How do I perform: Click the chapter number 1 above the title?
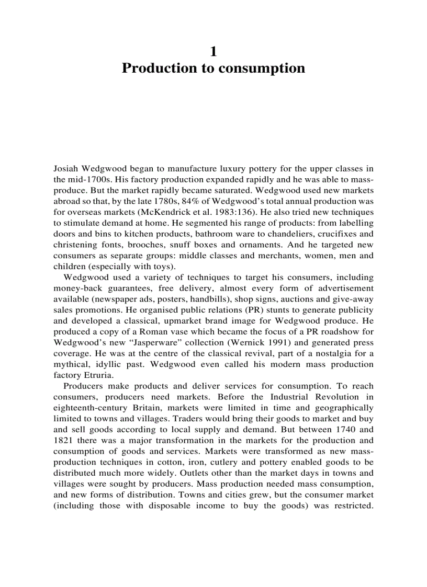pyautogui.click(x=213, y=51)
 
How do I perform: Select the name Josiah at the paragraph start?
pyautogui.click(x=66, y=168)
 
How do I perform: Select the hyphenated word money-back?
pyautogui.click(x=75, y=288)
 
